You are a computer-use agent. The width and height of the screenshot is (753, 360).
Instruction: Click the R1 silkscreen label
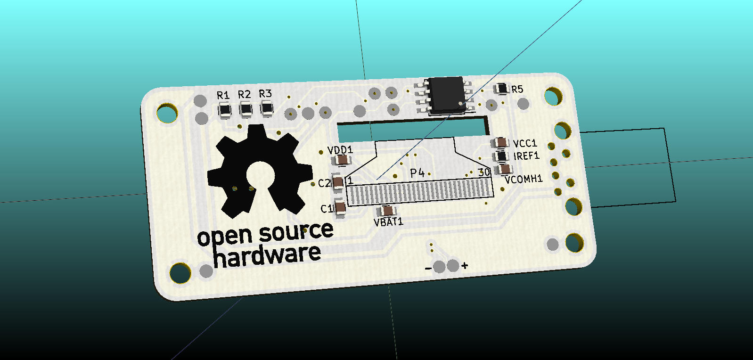point(223,96)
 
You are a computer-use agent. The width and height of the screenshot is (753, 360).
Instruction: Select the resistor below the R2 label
point(246,110)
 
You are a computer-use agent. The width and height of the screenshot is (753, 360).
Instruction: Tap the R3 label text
point(265,94)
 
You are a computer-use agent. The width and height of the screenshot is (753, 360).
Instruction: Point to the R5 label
point(517,89)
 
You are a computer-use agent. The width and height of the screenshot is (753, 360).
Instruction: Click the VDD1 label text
point(340,150)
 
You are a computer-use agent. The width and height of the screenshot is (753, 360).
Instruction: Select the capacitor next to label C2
point(338,182)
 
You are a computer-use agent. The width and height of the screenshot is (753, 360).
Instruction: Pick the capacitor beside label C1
point(340,207)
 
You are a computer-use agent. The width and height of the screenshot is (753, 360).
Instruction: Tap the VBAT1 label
point(389,222)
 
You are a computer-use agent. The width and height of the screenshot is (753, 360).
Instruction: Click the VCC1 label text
point(525,143)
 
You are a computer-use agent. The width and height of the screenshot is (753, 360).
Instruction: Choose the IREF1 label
point(526,156)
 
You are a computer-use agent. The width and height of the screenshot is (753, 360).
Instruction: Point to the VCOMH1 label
point(524,180)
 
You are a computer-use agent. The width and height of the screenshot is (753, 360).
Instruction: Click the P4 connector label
point(417,173)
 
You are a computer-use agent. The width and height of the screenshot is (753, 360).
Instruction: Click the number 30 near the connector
point(484,172)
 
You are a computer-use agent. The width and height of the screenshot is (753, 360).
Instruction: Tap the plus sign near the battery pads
point(465,266)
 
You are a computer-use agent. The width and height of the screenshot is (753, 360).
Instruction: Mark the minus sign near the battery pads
point(428,269)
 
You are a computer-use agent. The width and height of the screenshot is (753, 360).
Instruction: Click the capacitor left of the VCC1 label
point(500,142)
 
